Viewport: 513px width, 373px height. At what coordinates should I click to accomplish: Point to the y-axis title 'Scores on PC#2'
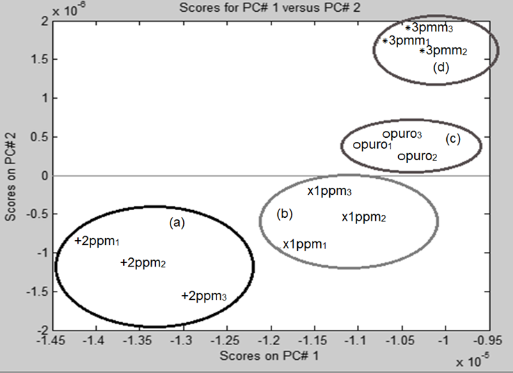click(9, 175)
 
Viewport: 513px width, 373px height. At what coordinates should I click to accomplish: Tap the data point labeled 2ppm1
click(78, 241)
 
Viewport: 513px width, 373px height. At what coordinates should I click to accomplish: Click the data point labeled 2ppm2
click(123, 263)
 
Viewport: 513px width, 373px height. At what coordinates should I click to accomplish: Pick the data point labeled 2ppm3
click(184, 296)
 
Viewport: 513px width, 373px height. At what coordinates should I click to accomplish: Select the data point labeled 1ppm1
click(286, 244)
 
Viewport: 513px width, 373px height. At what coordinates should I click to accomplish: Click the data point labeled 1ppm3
click(310, 190)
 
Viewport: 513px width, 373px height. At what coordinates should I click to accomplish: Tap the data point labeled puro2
click(401, 157)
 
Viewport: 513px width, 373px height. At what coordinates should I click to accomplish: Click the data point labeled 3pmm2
click(422, 51)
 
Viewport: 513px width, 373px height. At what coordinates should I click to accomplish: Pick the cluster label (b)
click(284, 214)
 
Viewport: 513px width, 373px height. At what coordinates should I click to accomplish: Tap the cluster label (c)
click(453, 139)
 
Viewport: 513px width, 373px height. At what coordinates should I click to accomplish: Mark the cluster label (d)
click(441, 68)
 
